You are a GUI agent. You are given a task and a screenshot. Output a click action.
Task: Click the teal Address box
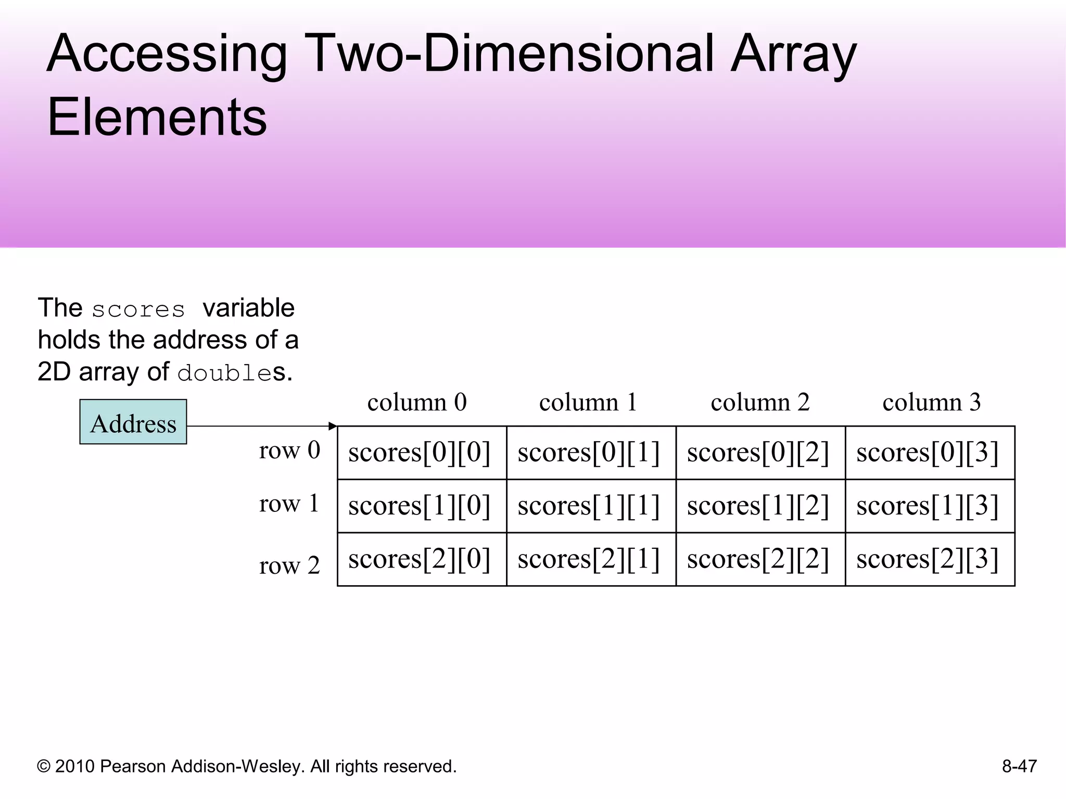pyautogui.click(x=133, y=422)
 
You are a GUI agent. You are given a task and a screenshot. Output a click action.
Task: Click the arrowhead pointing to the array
pyautogui.click(x=333, y=427)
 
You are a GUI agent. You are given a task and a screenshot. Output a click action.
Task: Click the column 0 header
pyautogui.click(x=417, y=402)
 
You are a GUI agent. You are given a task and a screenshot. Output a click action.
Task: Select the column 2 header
pyautogui.click(x=760, y=402)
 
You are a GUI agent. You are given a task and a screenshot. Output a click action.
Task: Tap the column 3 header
pyautogui.click(x=931, y=402)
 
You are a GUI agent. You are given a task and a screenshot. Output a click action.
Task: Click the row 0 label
pyautogui.click(x=289, y=450)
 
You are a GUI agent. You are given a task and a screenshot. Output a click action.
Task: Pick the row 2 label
pyautogui.click(x=289, y=565)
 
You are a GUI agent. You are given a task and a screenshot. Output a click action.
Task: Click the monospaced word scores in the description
pyautogui.click(x=138, y=310)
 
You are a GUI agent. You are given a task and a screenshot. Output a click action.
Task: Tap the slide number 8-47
pyautogui.click(x=1019, y=766)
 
